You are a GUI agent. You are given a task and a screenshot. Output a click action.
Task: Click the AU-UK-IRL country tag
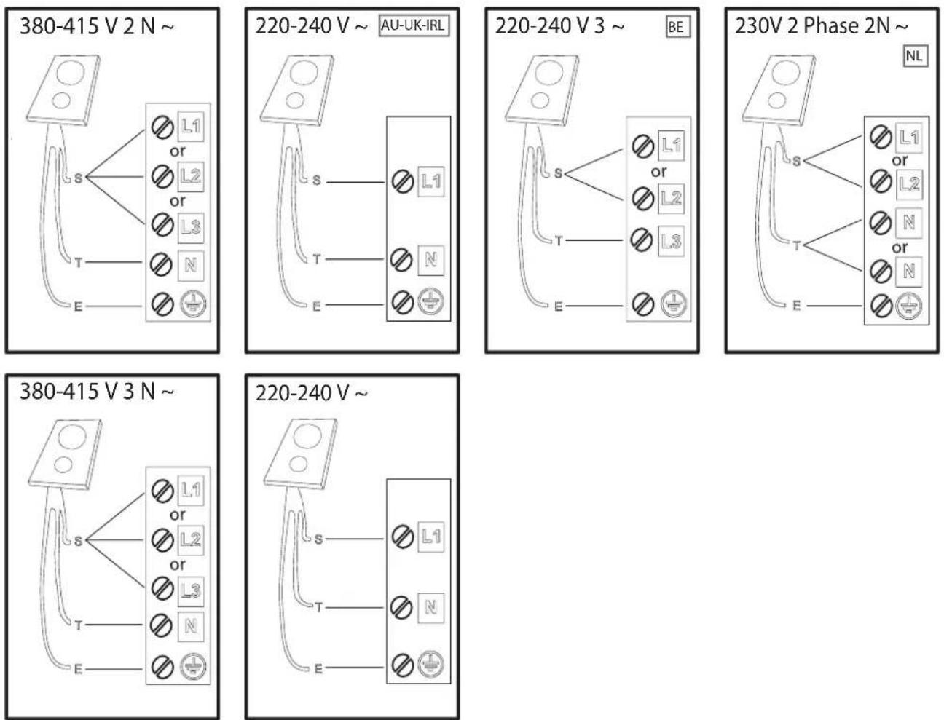[x=414, y=25]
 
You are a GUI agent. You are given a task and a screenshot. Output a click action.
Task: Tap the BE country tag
[x=677, y=27]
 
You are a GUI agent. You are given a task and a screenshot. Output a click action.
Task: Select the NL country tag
[x=915, y=56]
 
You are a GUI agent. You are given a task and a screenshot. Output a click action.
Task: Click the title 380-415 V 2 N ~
[x=97, y=27]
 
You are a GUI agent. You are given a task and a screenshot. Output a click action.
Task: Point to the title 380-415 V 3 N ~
[x=97, y=392]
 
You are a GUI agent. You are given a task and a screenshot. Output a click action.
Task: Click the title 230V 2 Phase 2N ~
[x=821, y=25]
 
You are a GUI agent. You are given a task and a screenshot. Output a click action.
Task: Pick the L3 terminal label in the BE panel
[x=671, y=241]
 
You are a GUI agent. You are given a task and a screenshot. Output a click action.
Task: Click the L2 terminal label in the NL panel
[x=909, y=184]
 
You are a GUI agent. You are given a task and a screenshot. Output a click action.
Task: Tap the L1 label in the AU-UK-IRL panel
[x=431, y=181]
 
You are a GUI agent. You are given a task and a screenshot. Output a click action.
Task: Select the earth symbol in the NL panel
[x=909, y=306]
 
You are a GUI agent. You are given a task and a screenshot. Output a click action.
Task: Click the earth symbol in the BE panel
[x=673, y=304]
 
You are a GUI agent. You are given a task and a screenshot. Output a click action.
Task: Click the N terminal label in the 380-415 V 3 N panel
[x=191, y=626]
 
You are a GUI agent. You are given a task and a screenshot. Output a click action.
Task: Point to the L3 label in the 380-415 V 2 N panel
[x=191, y=227]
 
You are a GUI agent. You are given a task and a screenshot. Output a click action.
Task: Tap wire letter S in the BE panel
[x=558, y=173]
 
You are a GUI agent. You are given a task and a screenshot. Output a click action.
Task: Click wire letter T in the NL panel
[x=797, y=246]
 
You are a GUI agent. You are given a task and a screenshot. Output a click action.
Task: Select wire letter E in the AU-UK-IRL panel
[x=317, y=306]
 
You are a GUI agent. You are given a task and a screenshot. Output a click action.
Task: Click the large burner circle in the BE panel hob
[x=549, y=72]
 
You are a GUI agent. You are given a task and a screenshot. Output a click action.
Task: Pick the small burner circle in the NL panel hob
[x=777, y=100]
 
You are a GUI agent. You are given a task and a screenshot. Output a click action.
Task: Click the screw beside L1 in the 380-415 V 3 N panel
[x=162, y=491]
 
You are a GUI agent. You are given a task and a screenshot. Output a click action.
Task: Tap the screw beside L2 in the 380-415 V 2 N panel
[x=162, y=177]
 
